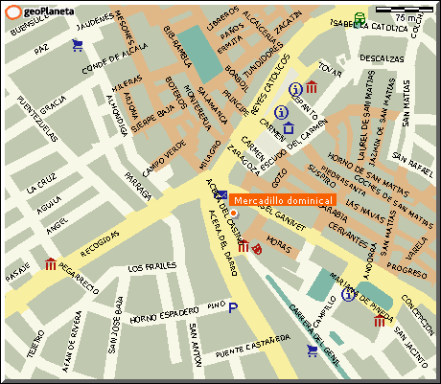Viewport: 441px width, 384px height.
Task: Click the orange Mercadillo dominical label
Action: [x=283, y=200]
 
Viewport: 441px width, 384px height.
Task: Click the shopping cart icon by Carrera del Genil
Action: [x=312, y=350]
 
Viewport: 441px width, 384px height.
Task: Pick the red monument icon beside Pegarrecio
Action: [x=50, y=263]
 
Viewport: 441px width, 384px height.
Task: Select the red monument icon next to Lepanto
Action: [x=313, y=89]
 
